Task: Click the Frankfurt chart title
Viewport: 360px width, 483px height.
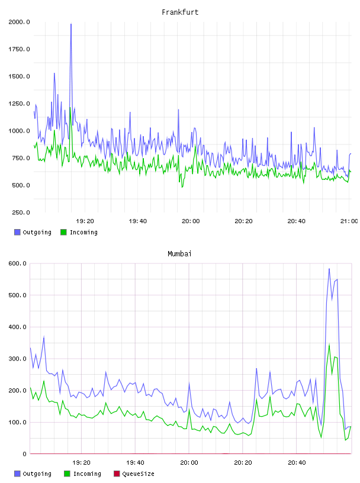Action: (x=180, y=12)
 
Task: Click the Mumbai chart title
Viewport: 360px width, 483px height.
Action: (x=179, y=254)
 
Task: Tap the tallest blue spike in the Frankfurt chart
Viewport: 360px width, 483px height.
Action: (x=71, y=24)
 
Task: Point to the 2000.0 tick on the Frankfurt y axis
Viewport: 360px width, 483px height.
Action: (x=19, y=22)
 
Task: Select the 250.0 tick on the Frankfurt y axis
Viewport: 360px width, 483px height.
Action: (x=21, y=212)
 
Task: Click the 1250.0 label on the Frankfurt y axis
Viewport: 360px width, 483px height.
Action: (x=19, y=104)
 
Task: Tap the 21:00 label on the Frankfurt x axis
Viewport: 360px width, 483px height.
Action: (x=349, y=221)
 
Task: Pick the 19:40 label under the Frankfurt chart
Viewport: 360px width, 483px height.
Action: (x=138, y=221)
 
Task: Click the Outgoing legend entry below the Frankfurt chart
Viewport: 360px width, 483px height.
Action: (x=33, y=232)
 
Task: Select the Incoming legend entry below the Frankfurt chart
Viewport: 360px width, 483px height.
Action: (x=79, y=232)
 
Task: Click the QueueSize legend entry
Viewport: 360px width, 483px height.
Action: (x=134, y=474)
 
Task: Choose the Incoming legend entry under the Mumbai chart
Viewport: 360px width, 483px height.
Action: (x=82, y=474)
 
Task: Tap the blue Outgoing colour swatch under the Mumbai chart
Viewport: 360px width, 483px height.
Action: (x=17, y=474)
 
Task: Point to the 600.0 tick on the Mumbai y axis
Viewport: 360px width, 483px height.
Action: (x=18, y=263)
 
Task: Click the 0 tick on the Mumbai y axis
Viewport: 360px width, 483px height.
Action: (x=24, y=454)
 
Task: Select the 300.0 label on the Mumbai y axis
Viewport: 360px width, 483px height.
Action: (x=18, y=359)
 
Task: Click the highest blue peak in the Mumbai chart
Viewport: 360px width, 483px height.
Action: (x=329, y=269)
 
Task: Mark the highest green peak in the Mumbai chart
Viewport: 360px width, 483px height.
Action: (x=329, y=344)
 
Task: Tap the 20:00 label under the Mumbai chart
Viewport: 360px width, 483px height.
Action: (x=189, y=462)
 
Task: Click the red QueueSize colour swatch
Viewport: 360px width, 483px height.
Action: (x=117, y=474)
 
